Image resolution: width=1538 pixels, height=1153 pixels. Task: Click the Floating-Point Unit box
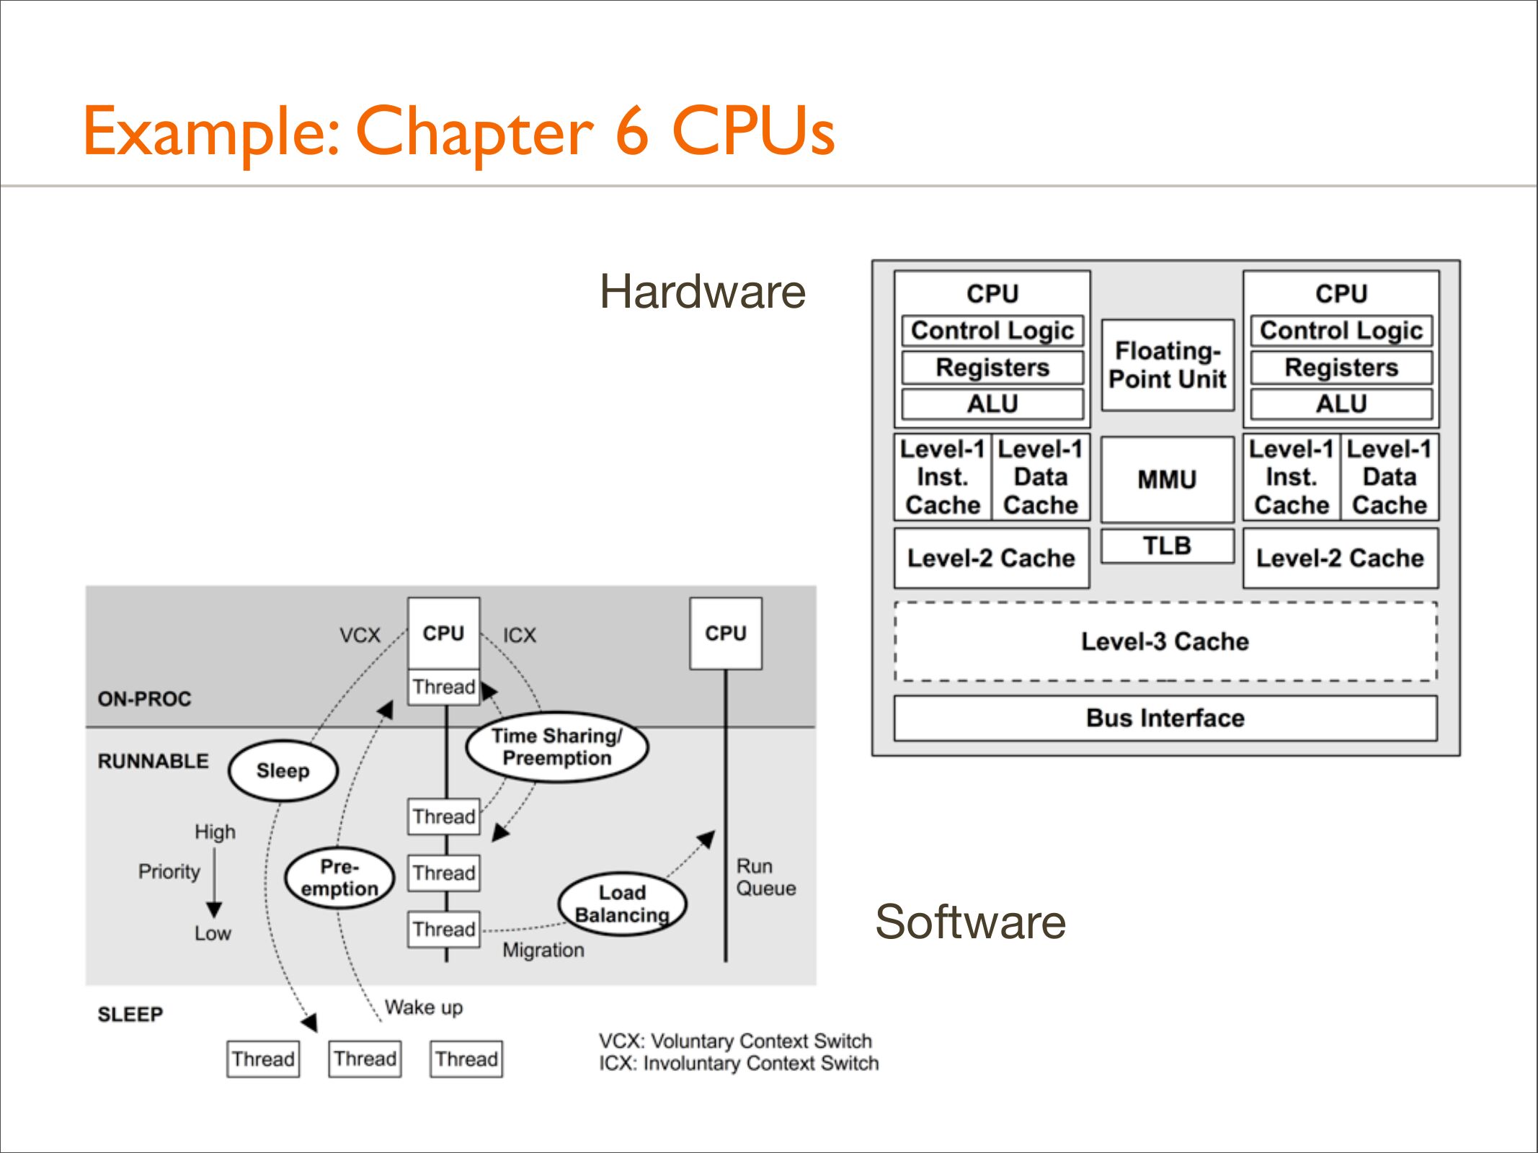[1168, 365]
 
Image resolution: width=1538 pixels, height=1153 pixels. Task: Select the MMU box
[1168, 479]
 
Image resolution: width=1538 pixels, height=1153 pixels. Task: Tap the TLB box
[1168, 546]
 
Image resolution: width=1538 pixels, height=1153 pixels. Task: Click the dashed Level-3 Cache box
[1165, 641]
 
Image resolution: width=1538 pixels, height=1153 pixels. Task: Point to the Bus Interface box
[1165, 718]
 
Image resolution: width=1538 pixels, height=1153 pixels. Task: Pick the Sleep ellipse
[283, 770]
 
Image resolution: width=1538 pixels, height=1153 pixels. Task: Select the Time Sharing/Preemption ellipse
[557, 747]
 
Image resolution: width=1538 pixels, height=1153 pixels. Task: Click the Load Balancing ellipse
[622, 904]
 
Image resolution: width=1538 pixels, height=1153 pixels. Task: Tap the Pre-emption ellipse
[339, 877]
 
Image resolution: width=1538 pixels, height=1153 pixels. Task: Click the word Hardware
[703, 292]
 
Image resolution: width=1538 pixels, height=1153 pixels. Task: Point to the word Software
[970, 922]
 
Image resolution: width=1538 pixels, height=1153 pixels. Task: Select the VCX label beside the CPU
[360, 635]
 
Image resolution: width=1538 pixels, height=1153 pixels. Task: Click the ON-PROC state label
[145, 698]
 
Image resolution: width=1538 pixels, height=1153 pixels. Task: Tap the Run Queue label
[765, 877]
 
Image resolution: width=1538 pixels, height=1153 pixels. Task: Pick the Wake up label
[424, 1007]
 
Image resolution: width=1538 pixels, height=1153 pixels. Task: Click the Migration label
[543, 950]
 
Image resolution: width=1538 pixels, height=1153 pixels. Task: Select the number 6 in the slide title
[632, 130]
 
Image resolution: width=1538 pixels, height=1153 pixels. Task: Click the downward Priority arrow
[214, 882]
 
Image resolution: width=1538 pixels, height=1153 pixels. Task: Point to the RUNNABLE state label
[153, 761]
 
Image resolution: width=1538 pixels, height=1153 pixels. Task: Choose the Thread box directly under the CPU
[444, 687]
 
